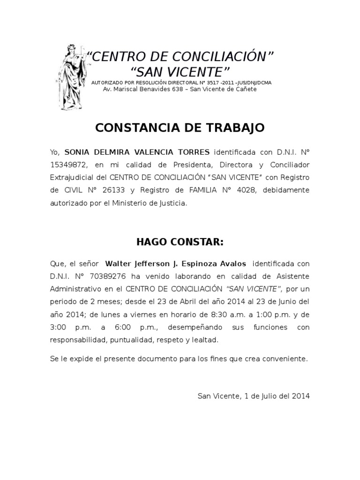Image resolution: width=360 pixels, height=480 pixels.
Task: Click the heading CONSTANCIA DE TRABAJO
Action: tap(180, 127)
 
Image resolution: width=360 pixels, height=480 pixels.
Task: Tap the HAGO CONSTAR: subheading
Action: tap(180, 242)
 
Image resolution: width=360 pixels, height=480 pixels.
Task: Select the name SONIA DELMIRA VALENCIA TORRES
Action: tap(137, 152)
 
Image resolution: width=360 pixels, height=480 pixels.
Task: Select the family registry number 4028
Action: tap(234, 190)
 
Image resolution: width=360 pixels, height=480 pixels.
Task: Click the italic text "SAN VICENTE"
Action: tap(254, 289)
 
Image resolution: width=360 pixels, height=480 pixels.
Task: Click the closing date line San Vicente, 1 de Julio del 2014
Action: tap(254, 396)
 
